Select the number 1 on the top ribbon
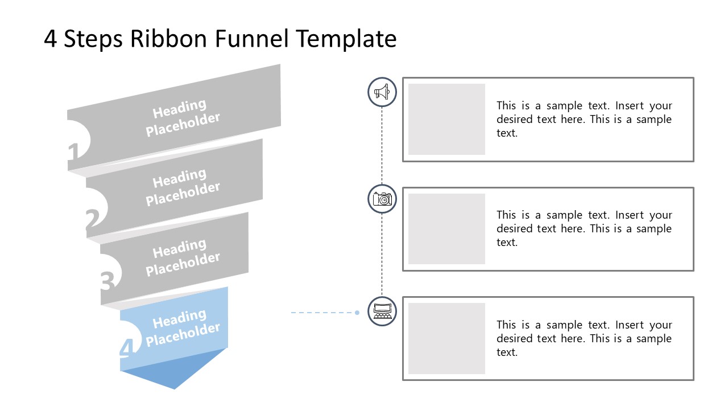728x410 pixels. coord(73,153)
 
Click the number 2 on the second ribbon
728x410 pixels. coord(92,220)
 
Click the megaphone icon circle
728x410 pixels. coord(382,92)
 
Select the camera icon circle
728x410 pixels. coord(382,199)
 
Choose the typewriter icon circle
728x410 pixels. coord(382,311)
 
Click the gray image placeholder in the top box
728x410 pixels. coord(446,120)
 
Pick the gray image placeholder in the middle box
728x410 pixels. coord(446,229)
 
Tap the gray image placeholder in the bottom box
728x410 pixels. coord(446,338)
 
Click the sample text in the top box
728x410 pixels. coord(584,120)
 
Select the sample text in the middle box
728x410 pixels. coord(584,229)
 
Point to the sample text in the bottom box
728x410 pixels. coord(584,338)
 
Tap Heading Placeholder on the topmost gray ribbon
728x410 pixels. coord(182,118)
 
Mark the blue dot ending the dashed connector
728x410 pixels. coord(357,313)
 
